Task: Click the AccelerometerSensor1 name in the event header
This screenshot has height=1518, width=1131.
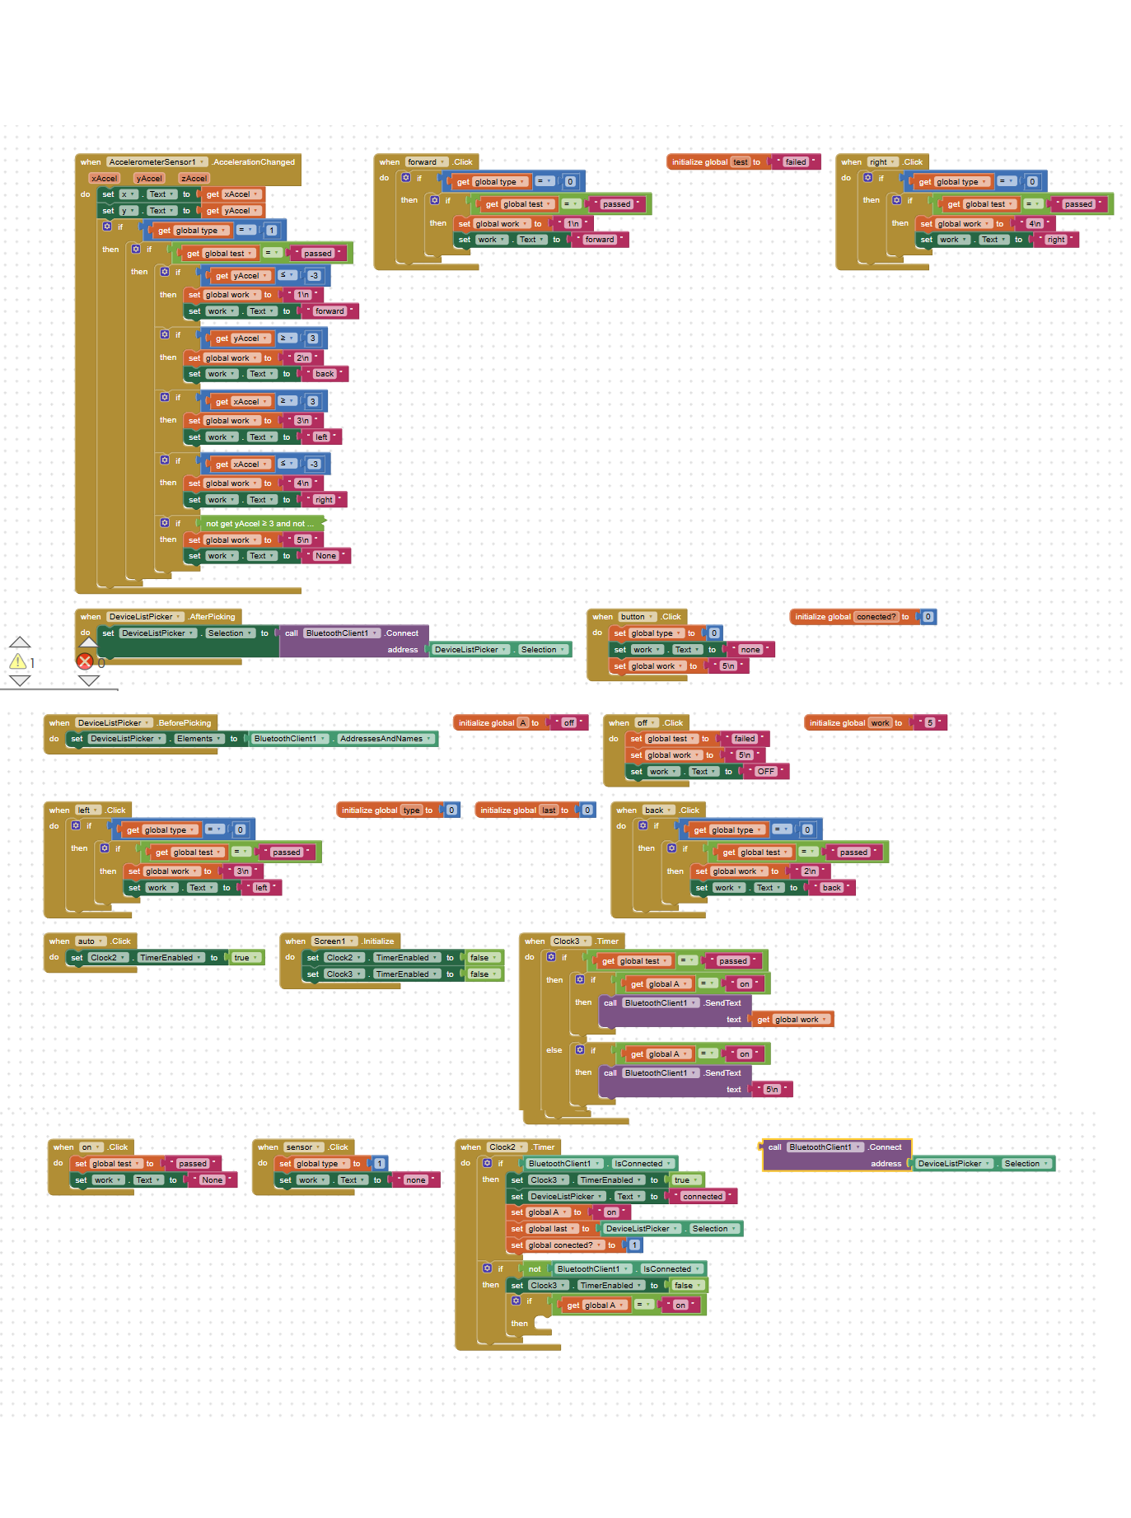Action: (x=153, y=162)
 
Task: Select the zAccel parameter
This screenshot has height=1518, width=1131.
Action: (x=194, y=178)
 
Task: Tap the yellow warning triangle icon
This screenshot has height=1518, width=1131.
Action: (x=17, y=661)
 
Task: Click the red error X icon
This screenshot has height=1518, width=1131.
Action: (x=84, y=661)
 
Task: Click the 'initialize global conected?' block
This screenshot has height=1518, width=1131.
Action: (x=849, y=617)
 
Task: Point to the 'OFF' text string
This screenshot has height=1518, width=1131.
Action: (x=765, y=772)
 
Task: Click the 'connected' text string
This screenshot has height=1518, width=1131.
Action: (x=702, y=1196)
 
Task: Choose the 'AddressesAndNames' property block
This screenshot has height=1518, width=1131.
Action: (x=381, y=739)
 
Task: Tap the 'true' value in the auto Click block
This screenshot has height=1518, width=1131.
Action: (x=241, y=958)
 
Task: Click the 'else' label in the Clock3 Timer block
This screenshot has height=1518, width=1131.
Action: (x=554, y=1050)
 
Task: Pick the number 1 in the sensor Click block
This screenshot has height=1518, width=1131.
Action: (x=380, y=1164)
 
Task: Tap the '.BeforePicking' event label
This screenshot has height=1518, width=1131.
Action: (x=185, y=723)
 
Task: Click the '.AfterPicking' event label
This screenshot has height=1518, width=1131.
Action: (x=213, y=617)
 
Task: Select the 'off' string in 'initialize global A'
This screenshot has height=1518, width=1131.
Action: (x=569, y=723)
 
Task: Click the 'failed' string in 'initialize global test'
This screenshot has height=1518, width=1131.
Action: (x=796, y=162)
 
